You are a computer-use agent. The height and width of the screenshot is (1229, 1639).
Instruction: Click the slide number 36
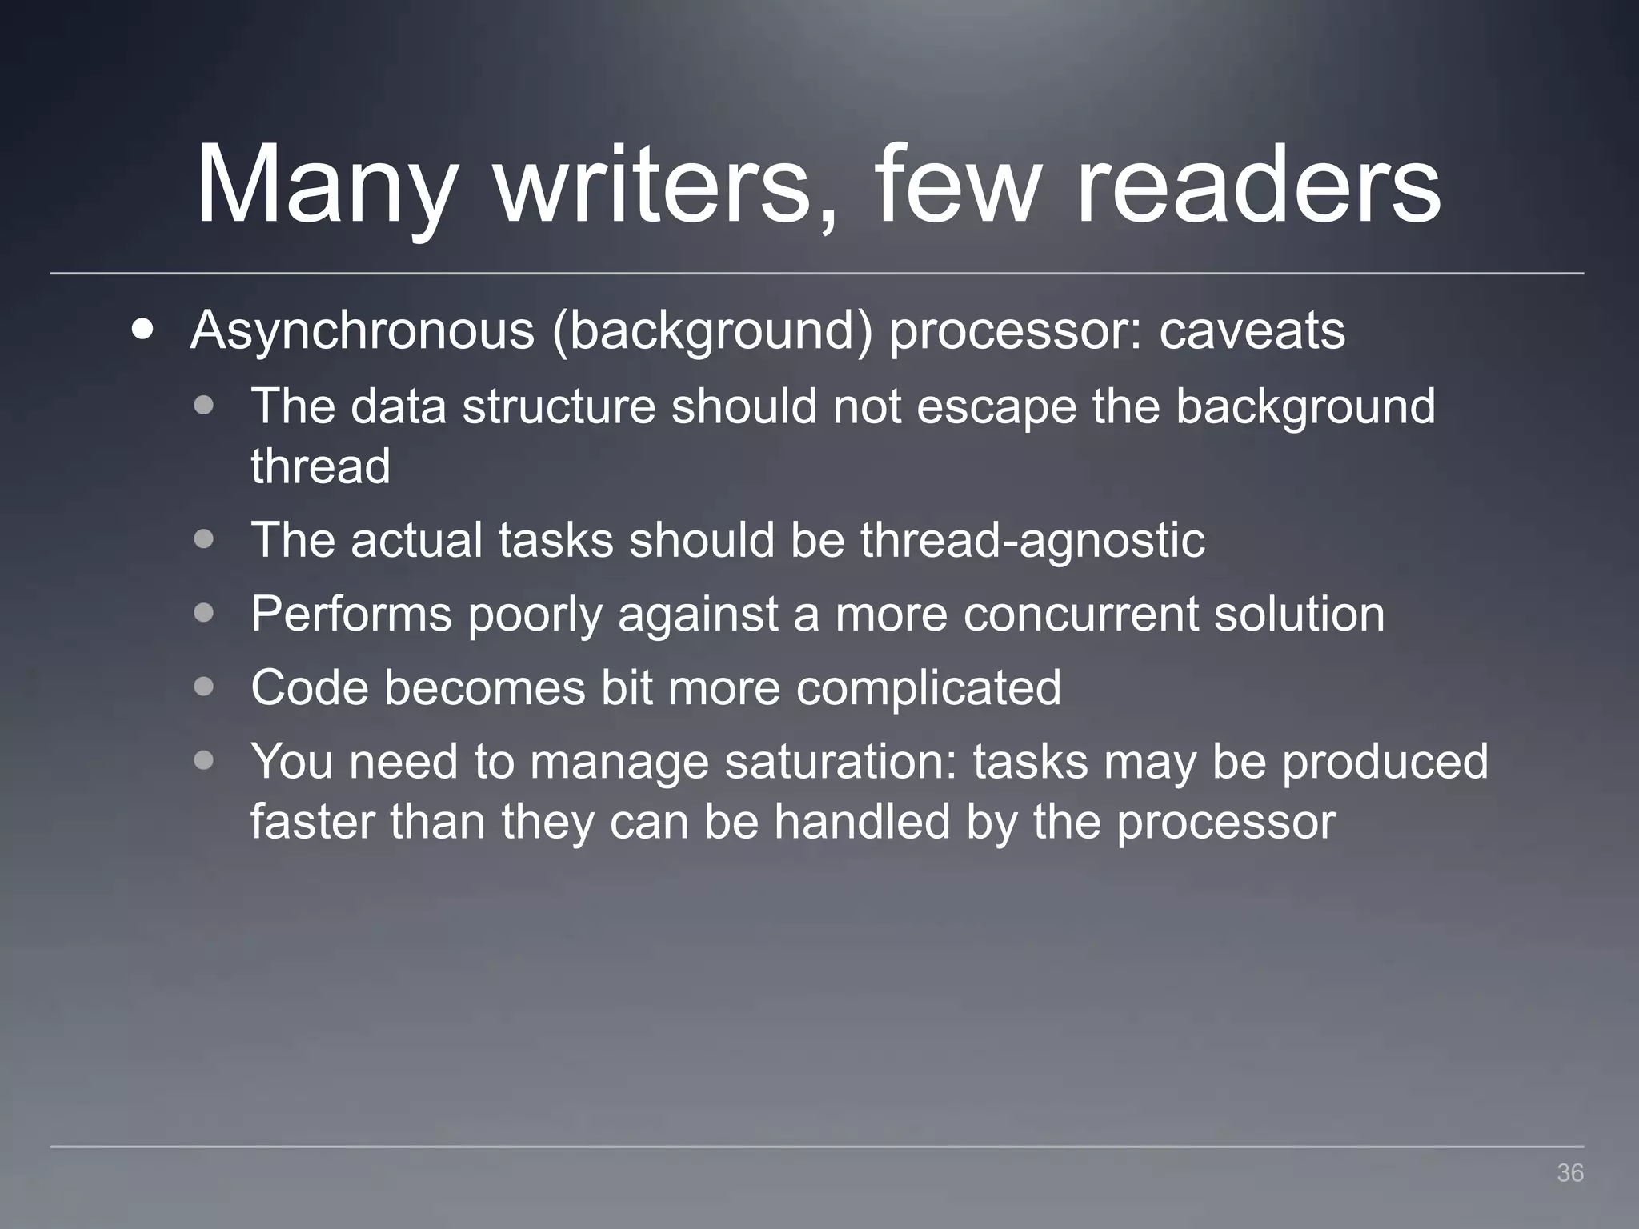(x=1569, y=1173)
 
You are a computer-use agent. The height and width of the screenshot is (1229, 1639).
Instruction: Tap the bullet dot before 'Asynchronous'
(x=143, y=330)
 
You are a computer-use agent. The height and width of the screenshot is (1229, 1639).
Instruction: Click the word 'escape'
(x=996, y=406)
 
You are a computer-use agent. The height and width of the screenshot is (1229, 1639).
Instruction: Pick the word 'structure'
(x=559, y=406)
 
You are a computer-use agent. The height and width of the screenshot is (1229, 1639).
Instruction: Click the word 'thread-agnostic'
(x=1032, y=539)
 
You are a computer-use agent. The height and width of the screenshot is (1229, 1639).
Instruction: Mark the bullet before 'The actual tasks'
(x=204, y=539)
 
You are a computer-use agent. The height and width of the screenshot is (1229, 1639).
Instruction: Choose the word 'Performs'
(x=351, y=614)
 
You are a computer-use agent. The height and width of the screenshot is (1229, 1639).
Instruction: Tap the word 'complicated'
(x=928, y=687)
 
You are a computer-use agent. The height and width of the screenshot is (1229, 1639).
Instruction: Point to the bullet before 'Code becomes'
(x=204, y=687)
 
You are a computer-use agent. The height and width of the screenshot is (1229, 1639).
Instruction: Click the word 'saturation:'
(x=841, y=761)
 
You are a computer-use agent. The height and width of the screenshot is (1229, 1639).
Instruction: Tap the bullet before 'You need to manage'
(x=204, y=760)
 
